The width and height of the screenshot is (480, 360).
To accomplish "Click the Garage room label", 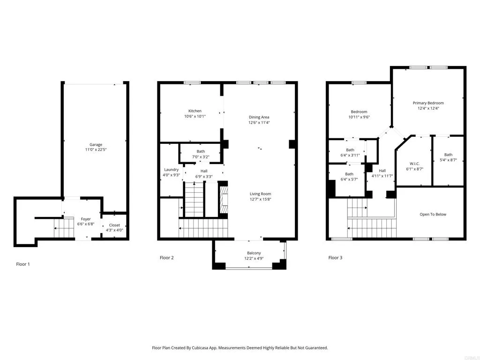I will (x=96, y=145).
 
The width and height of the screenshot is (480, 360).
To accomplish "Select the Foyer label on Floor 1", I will (x=86, y=219).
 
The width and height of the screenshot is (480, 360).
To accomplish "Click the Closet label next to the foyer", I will (x=114, y=225).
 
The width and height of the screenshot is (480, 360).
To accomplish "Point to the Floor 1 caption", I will (x=23, y=264).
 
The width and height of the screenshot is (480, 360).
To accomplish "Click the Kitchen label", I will (x=195, y=111).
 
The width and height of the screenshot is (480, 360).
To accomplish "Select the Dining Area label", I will (x=259, y=117).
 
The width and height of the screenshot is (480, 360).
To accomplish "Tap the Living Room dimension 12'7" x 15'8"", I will (x=260, y=200).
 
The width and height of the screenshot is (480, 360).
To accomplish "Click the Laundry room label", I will (x=171, y=170).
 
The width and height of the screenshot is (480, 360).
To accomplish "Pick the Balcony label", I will (x=254, y=253).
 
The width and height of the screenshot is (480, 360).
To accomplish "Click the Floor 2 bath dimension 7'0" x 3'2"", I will (x=201, y=157).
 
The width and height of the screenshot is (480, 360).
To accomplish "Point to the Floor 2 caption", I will (x=167, y=258).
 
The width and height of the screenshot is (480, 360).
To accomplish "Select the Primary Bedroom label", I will (x=428, y=103).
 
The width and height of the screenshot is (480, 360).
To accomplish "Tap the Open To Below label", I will (x=433, y=215).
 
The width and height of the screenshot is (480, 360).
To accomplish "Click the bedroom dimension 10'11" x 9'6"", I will (x=359, y=117).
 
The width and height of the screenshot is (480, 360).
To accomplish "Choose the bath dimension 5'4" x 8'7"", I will (x=448, y=160).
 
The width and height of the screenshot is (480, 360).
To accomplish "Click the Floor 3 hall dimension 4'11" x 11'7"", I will (x=382, y=176).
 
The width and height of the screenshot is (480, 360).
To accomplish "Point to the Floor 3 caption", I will (x=335, y=258).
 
